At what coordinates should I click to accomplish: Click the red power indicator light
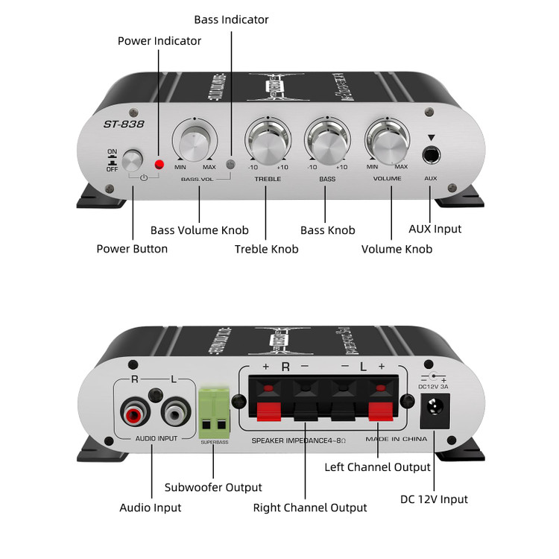pos(158,163)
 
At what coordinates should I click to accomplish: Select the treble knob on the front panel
pos(268,142)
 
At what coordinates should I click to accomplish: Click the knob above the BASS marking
pos(327,142)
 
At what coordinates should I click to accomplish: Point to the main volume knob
pos(387,142)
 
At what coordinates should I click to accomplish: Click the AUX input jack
pos(431,156)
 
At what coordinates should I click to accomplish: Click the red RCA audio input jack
pos(135,412)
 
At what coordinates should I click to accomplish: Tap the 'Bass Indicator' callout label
pos(231,19)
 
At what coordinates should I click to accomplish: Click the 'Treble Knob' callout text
pos(266,249)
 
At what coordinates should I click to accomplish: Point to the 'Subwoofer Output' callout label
pos(213,487)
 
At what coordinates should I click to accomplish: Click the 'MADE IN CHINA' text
pos(397,439)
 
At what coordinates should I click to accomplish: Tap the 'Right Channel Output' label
pos(310,508)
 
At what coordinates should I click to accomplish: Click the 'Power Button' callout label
pos(132,249)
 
